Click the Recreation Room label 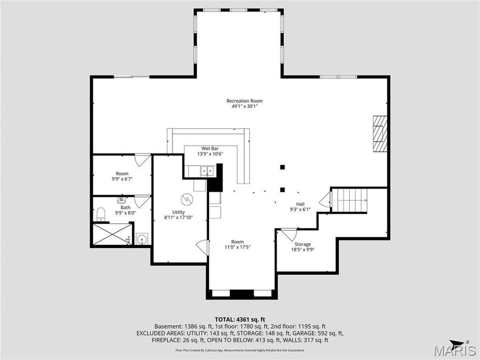(244, 101)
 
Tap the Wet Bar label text (210, 148)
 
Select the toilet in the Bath (101, 214)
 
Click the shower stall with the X (112, 234)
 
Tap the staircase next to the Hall (350, 199)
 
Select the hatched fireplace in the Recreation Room (380, 133)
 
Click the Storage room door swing (289, 234)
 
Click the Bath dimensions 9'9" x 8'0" (125, 213)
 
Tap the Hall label (300, 204)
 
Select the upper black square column (282, 167)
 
